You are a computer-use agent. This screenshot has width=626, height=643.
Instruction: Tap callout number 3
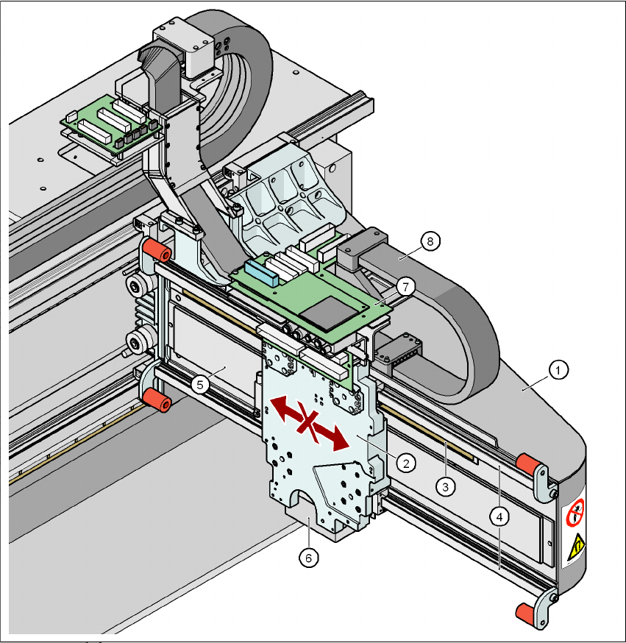coord(444,485)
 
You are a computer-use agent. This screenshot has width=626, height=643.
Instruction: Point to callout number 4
coord(499,517)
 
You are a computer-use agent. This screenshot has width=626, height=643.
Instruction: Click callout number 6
coord(309,558)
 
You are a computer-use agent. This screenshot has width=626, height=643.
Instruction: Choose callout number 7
coord(402,284)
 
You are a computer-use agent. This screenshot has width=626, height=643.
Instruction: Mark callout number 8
coord(430,241)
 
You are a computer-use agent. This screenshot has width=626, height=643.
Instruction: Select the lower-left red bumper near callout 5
coord(157,401)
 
